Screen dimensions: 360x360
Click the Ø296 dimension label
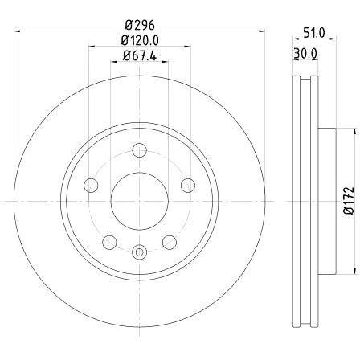coord(140,25)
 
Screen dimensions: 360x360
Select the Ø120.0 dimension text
coord(140,40)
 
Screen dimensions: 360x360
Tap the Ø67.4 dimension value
coord(140,55)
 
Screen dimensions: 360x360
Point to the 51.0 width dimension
coord(314,33)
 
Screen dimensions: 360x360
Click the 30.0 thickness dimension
coord(305,53)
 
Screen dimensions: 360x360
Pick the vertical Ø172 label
coord(349,201)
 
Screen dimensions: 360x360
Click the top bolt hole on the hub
coord(140,150)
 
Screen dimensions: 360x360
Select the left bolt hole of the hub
coord(91,185)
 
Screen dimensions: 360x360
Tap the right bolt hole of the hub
coord(188,185)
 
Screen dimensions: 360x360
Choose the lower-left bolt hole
coord(109,243)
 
